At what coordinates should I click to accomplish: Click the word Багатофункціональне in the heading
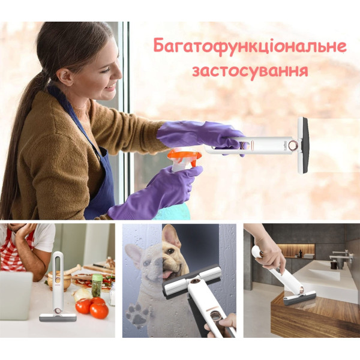(x=250, y=46)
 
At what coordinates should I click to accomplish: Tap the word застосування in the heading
(x=250, y=71)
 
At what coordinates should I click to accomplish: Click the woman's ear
(x=65, y=77)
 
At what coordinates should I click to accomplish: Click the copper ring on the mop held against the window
(x=293, y=145)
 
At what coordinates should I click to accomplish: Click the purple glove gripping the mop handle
(x=200, y=137)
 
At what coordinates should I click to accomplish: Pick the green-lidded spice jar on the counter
(x=97, y=286)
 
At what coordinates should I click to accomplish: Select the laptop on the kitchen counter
(x=16, y=296)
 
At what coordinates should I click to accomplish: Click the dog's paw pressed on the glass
(x=137, y=313)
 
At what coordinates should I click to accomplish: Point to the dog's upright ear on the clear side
(x=170, y=233)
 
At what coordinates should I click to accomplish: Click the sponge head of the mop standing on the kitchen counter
(x=58, y=317)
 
